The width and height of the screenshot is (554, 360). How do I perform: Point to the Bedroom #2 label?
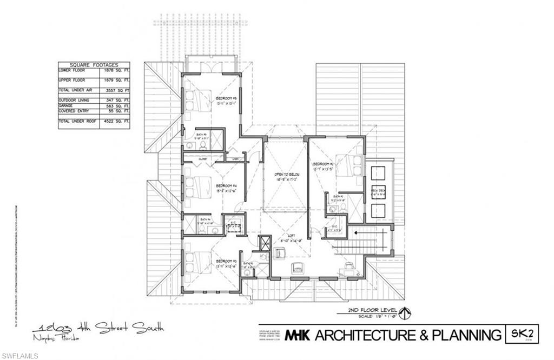click(323, 163)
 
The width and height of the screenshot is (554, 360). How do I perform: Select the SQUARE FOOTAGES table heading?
click(94, 65)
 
